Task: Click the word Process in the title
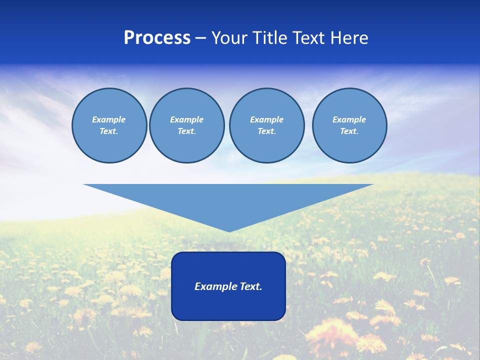(157, 38)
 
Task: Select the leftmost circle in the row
(109, 125)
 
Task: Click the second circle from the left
(186, 125)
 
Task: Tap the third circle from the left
(266, 125)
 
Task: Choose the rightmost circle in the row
(349, 125)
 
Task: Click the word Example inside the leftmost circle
(109, 119)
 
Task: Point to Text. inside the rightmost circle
(349, 131)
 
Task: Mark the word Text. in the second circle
(186, 131)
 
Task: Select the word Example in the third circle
(266, 119)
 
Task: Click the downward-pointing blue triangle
(228, 200)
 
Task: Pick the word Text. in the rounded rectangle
(249, 286)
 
